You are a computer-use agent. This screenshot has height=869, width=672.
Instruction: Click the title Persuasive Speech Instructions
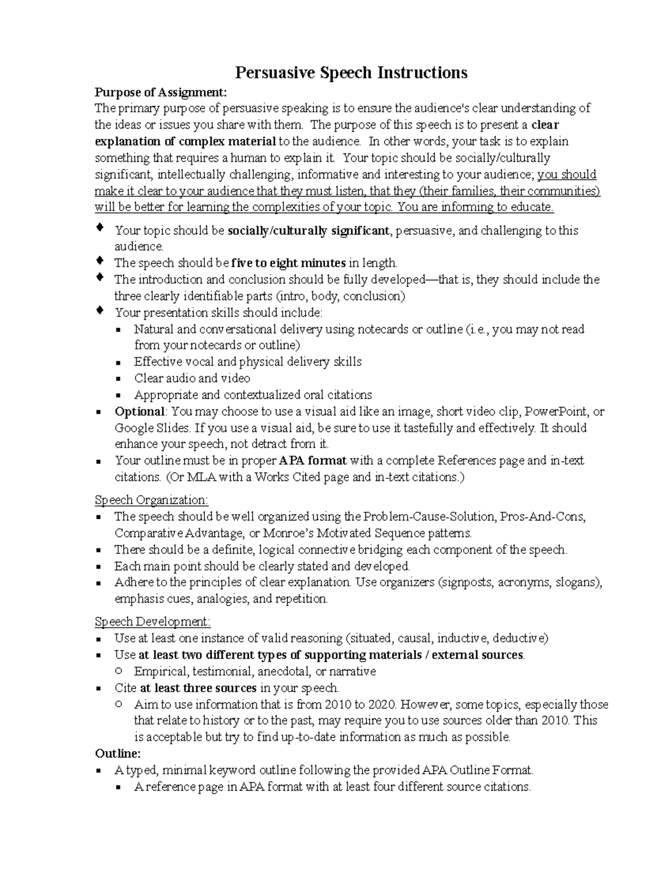351,73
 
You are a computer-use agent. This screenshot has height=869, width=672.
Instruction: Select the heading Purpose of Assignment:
161,92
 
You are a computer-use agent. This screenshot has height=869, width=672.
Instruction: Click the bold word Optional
139,412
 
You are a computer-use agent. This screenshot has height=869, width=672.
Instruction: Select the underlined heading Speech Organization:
151,500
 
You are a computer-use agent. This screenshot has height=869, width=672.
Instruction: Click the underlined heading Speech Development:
153,622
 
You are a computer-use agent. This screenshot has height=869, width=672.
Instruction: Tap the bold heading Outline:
118,753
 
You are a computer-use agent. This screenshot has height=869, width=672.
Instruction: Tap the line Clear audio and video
192,378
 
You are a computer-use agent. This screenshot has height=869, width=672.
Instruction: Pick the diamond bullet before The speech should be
100,261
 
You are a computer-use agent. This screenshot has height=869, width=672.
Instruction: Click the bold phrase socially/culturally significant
308,231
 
